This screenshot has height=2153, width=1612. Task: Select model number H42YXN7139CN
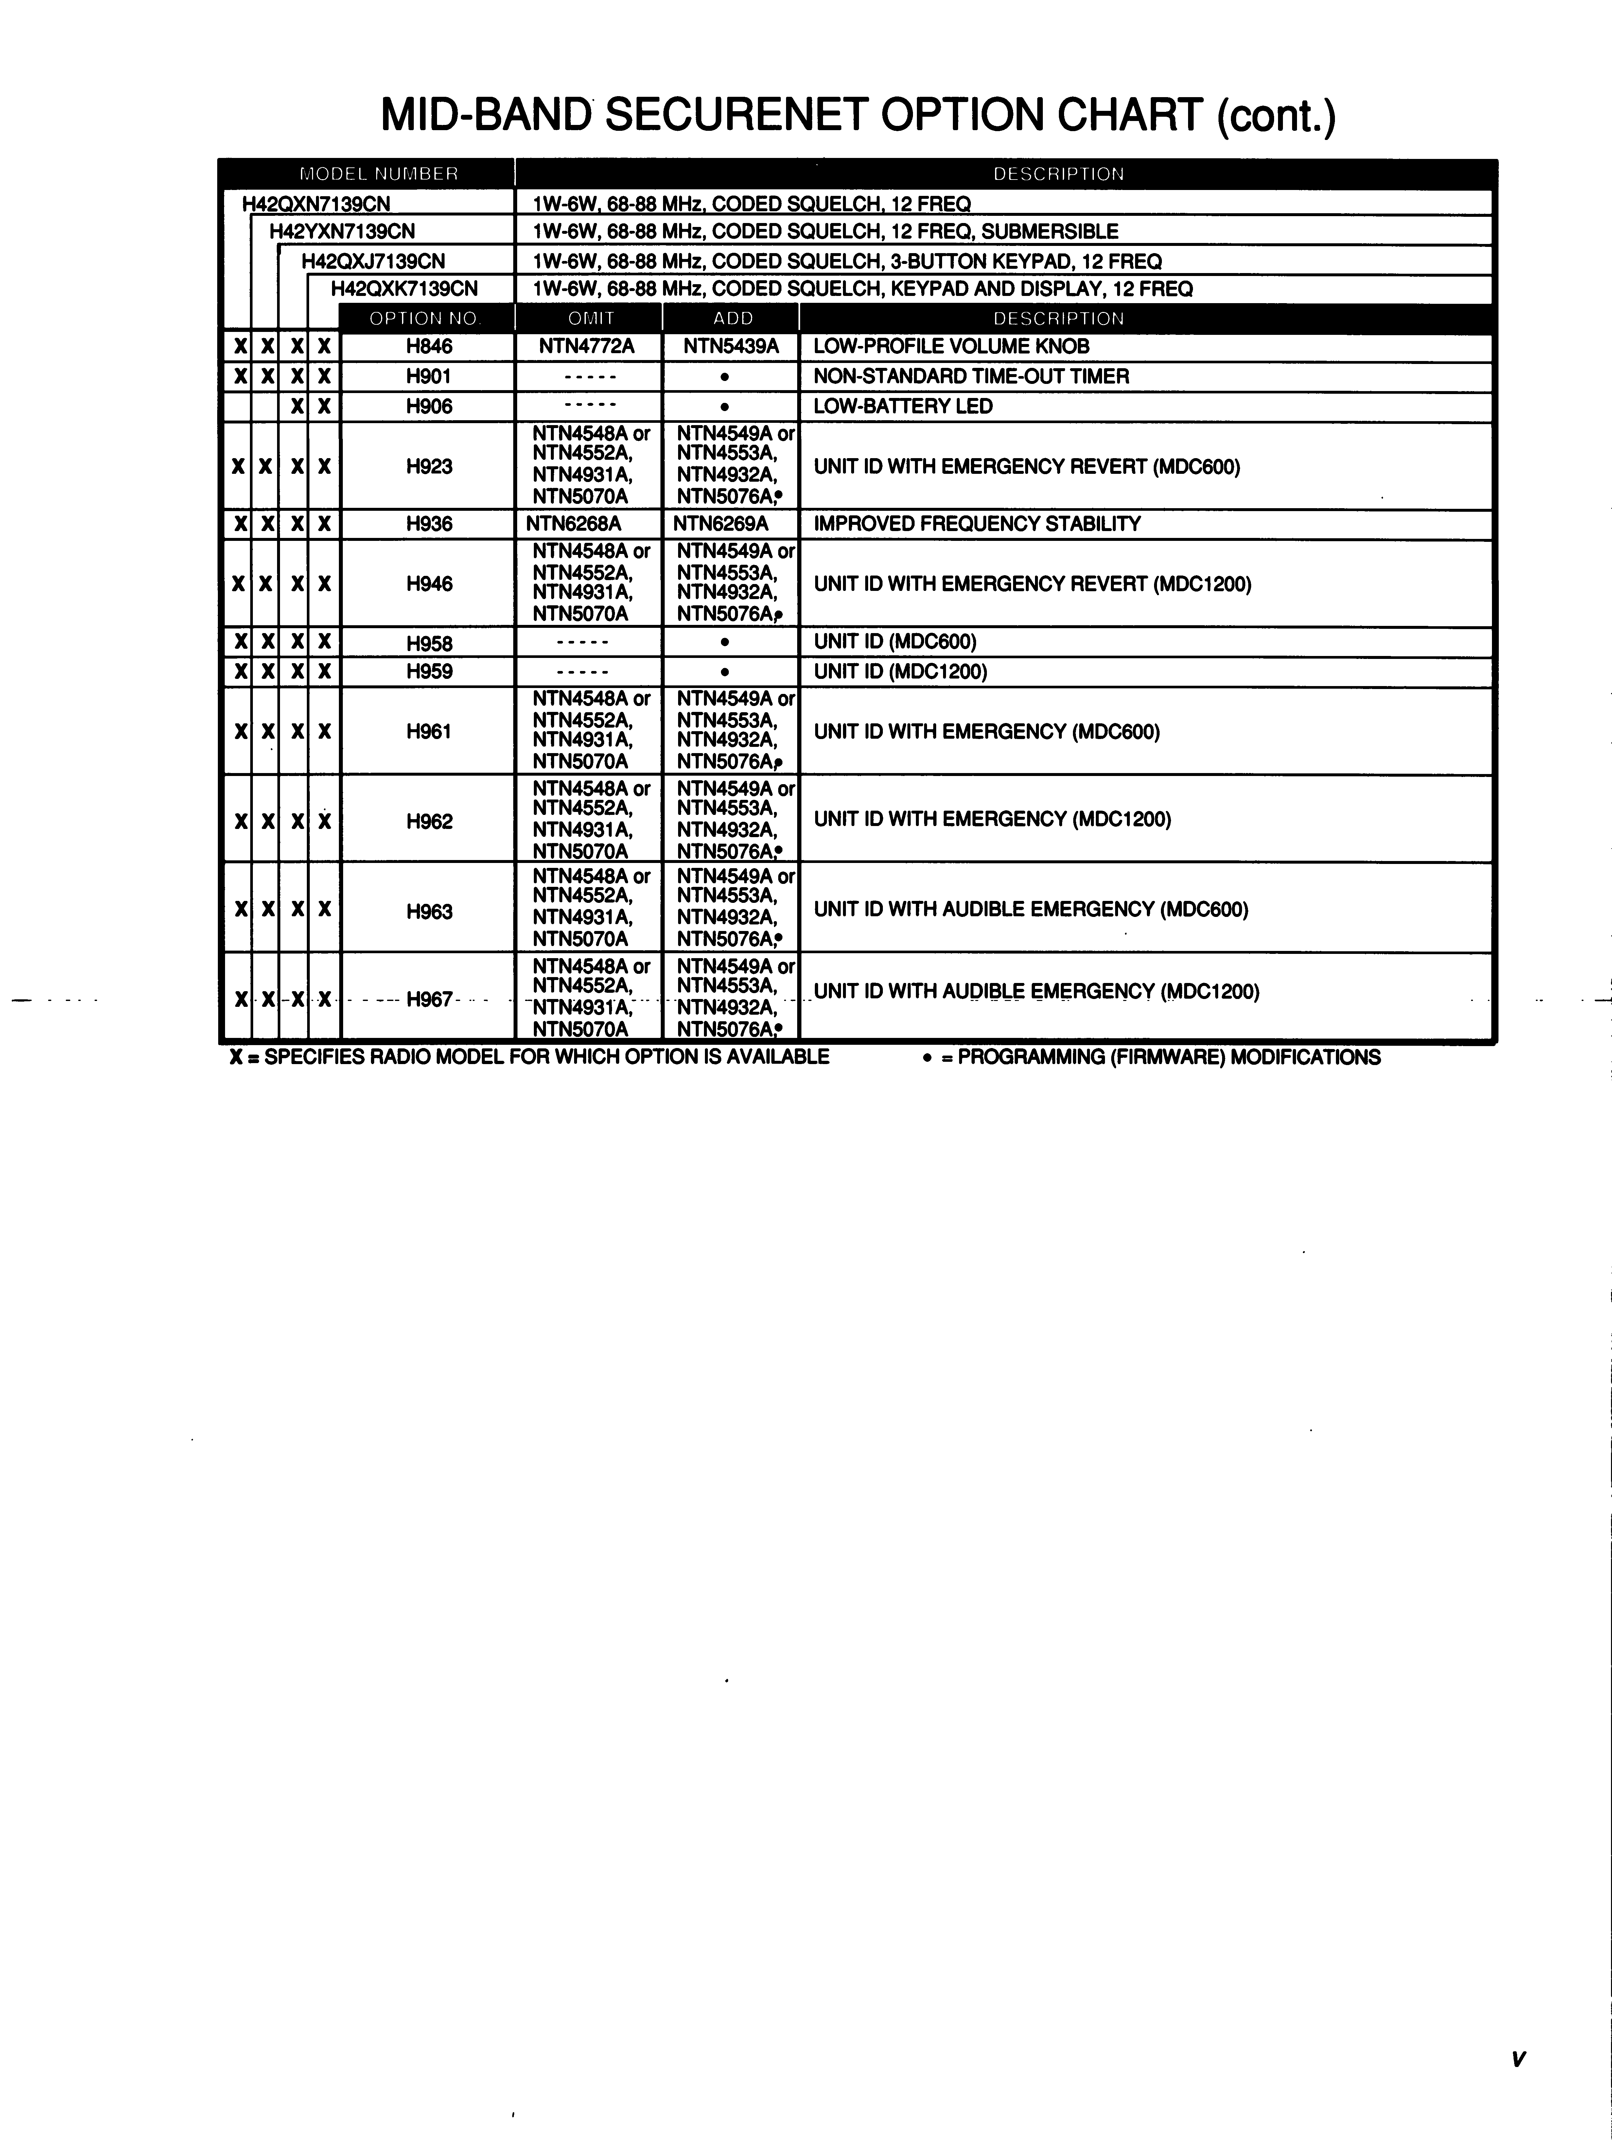(x=342, y=232)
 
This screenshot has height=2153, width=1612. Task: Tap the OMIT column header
(x=590, y=318)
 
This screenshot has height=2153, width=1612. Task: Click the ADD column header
(x=732, y=318)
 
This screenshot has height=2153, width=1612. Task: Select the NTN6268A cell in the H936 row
(x=573, y=524)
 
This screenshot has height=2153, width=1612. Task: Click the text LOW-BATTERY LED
(x=902, y=406)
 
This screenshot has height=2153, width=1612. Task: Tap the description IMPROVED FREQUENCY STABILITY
(x=976, y=524)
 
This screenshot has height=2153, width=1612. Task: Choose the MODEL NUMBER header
(x=379, y=174)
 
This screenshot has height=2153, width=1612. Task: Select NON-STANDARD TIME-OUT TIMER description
(x=971, y=377)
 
